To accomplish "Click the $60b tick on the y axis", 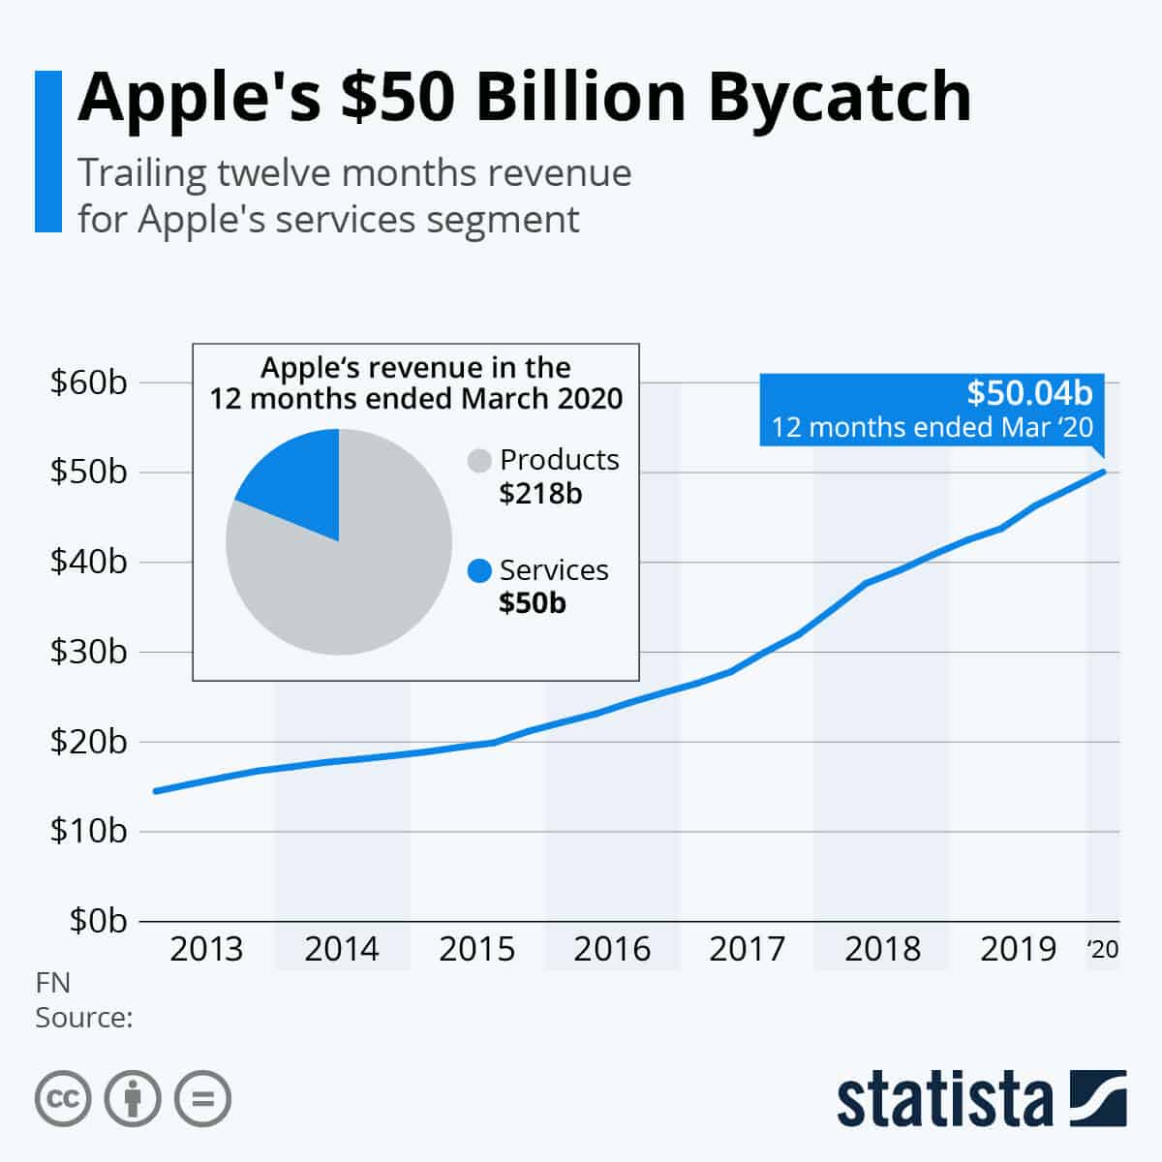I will pyautogui.click(x=89, y=383).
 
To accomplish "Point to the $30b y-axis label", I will pyautogui.click(x=89, y=652).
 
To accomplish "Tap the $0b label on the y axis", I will pyautogui.click(x=98, y=921).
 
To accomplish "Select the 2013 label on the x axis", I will pyautogui.click(x=206, y=949).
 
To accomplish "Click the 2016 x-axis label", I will pyautogui.click(x=611, y=949).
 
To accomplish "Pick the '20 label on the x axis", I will pyautogui.click(x=1103, y=949).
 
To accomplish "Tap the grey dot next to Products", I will pyautogui.click(x=480, y=461).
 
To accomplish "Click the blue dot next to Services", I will pyautogui.click(x=480, y=571).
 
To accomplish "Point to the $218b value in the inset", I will pyautogui.click(x=540, y=494).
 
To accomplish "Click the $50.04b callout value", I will pyautogui.click(x=1029, y=392).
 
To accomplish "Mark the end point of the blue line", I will pyautogui.click(x=1103, y=472).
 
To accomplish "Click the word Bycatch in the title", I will pyautogui.click(x=840, y=97).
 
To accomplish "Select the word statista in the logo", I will pyautogui.click(x=944, y=1099).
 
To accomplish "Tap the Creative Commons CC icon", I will pyautogui.click(x=63, y=1099).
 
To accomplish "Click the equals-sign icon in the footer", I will pyautogui.click(x=203, y=1099).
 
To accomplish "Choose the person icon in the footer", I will pyautogui.click(x=133, y=1099).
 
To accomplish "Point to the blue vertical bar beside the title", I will pyautogui.click(x=47, y=151).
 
